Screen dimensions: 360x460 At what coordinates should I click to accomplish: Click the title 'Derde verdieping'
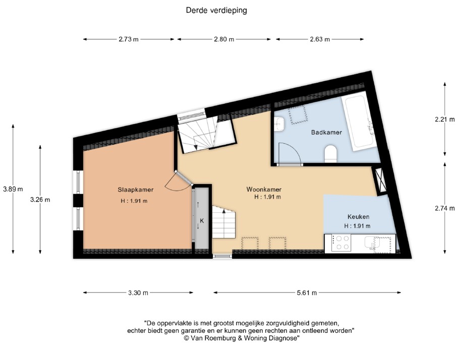[216, 10]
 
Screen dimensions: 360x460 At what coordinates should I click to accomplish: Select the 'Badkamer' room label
[326, 132]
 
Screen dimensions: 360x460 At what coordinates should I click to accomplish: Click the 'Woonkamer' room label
[264, 190]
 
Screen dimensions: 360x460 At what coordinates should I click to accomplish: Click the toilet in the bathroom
[331, 153]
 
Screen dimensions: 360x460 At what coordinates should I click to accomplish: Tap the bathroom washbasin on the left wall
[279, 124]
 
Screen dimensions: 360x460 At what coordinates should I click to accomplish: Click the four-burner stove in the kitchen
[340, 243]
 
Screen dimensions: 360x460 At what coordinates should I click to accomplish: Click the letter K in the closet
[201, 221]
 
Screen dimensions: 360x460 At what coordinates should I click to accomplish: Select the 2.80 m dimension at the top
[223, 39]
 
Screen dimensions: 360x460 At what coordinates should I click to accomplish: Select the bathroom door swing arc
[291, 154]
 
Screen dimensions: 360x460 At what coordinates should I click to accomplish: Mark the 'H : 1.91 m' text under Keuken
[357, 226]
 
